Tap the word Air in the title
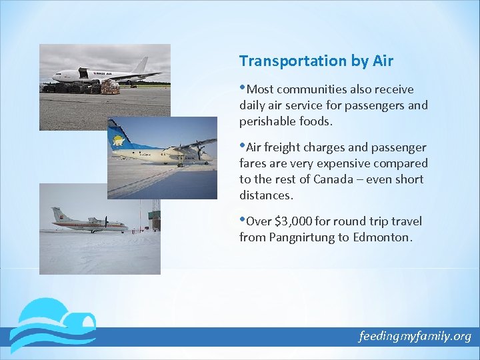click(x=383, y=61)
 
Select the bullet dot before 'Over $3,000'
click(x=243, y=219)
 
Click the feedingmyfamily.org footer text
click(x=414, y=336)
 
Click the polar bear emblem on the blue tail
click(x=119, y=141)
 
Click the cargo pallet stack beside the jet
click(x=109, y=86)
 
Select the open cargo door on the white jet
click(x=84, y=71)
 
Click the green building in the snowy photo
click(x=155, y=220)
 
